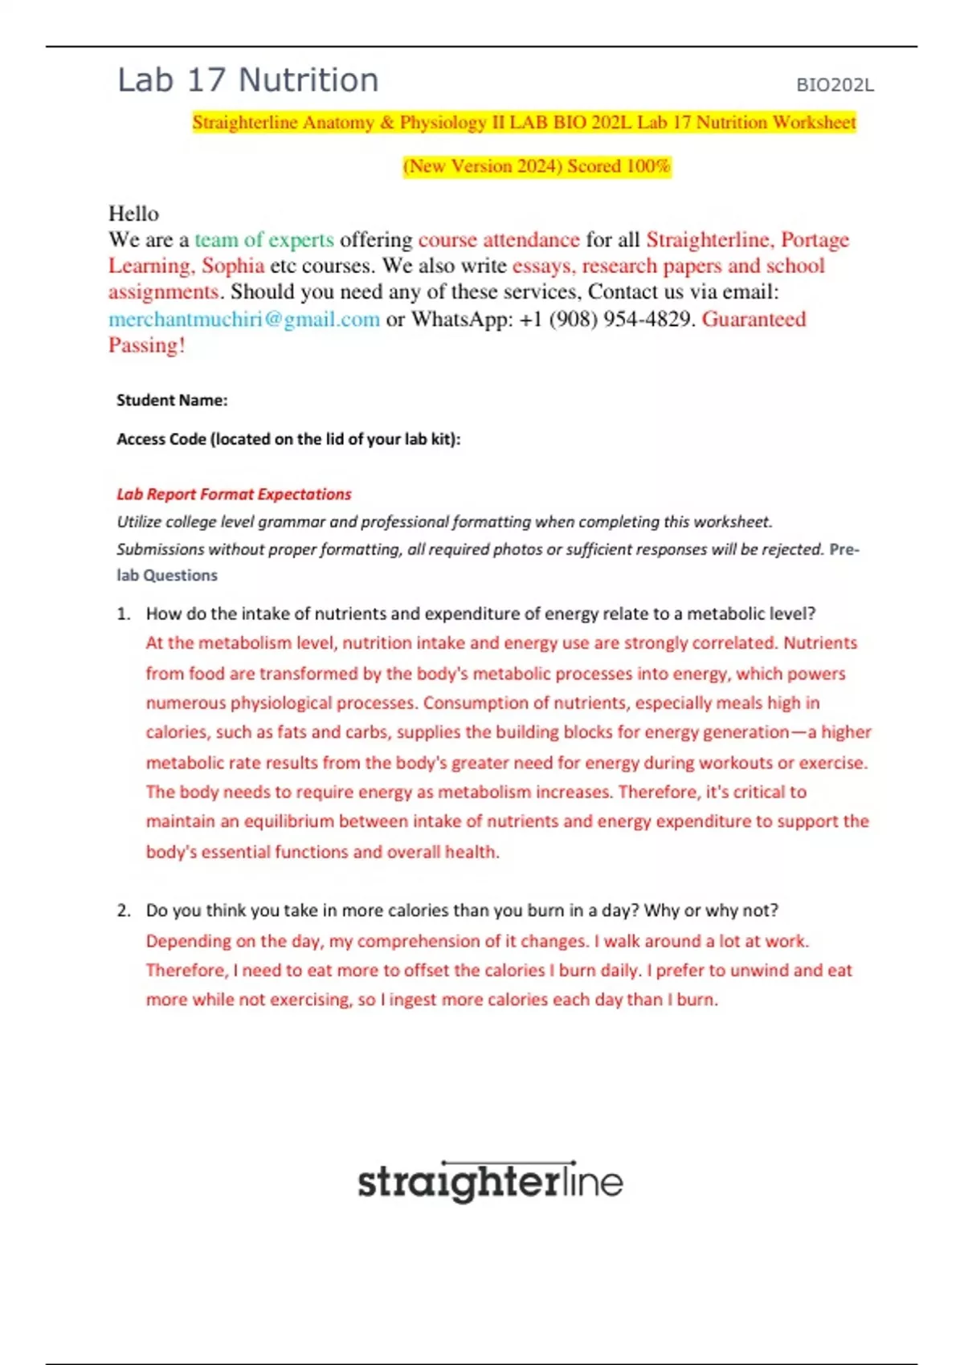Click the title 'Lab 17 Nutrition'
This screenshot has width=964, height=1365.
point(247,80)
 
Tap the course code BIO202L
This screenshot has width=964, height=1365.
point(835,85)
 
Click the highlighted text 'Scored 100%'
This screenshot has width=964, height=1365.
point(619,166)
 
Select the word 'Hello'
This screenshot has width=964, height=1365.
point(133,214)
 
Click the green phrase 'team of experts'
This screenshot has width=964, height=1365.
point(264,240)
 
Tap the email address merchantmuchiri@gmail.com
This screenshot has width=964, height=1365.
point(244,320)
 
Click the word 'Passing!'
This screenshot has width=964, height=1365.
point(147,345)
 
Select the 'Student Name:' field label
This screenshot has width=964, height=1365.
point(172,400)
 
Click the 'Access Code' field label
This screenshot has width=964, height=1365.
point(288,439)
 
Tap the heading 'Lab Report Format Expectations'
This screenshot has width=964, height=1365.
point(234,494)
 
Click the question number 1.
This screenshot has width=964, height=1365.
point(123,614)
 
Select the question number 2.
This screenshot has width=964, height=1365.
point(123,911)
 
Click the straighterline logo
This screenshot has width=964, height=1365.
point(490,1182)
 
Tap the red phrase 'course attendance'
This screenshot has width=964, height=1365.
point(499,240)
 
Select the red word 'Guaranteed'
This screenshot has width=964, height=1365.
point(754,320)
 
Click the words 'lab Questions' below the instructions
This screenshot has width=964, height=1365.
point(167,575)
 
